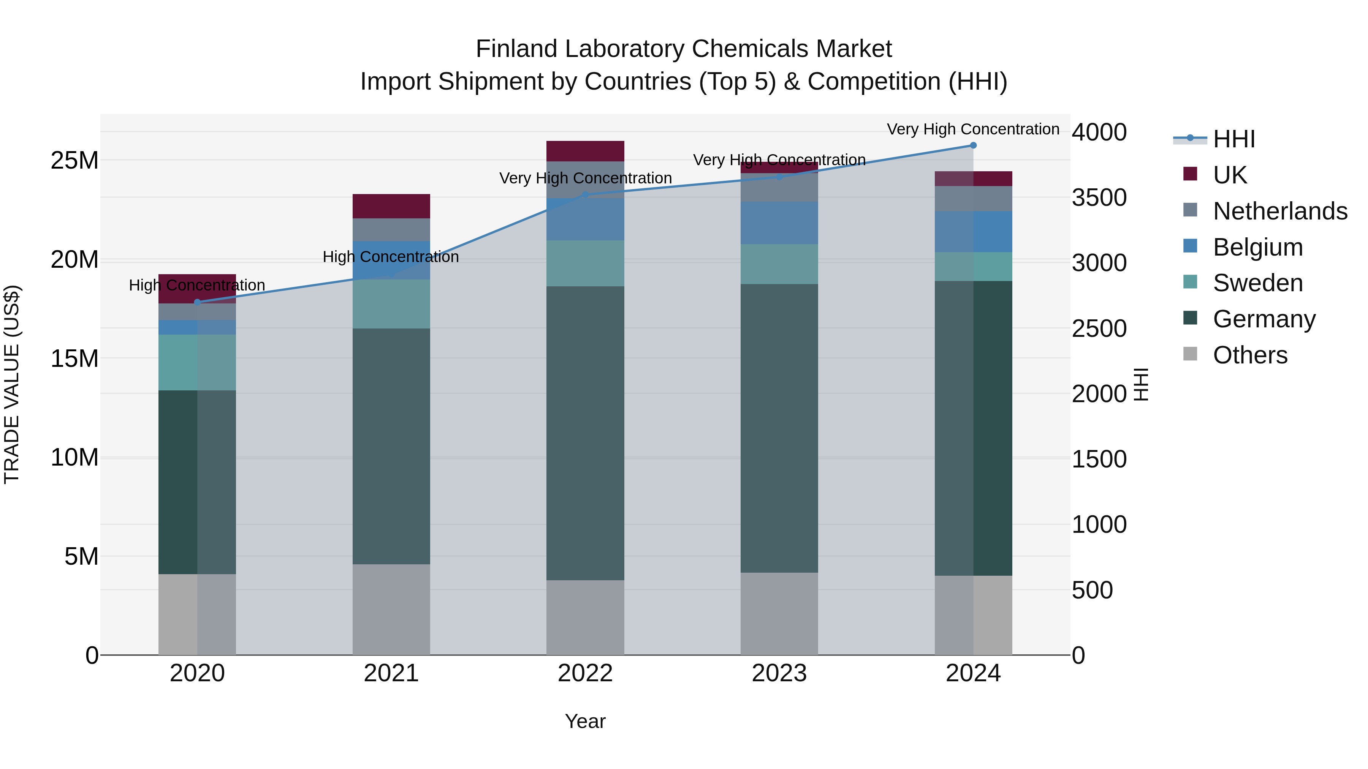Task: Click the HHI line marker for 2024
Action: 973,145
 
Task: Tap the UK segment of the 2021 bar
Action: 391,206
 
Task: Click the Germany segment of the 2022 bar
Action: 585,433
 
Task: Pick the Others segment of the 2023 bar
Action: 779,614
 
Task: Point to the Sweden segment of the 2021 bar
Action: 391,303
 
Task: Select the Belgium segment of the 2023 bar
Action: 779,223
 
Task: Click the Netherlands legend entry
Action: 1280,211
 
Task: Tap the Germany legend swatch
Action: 1190,319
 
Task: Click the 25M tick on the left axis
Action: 74,160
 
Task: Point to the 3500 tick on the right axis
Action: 1099,197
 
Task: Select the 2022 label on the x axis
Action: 585,673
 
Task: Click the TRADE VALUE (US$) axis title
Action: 12,384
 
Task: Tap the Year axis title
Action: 585,721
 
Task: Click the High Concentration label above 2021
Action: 391,257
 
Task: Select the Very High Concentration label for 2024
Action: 973,129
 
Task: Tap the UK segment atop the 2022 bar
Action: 585,151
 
